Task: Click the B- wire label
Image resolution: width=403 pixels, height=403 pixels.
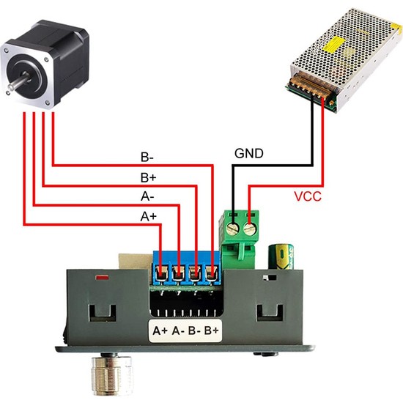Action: [x=147, y=157]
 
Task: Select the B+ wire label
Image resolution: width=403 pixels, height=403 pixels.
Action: [x=147, y=177]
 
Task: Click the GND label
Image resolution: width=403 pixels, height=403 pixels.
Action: [x=247, y=155]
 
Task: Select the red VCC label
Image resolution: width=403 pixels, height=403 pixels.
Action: [x=307, y=197]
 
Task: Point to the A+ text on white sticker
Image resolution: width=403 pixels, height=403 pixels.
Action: [x=160, y=330]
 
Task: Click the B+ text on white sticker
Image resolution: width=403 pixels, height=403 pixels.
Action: [x=212, y=330]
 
